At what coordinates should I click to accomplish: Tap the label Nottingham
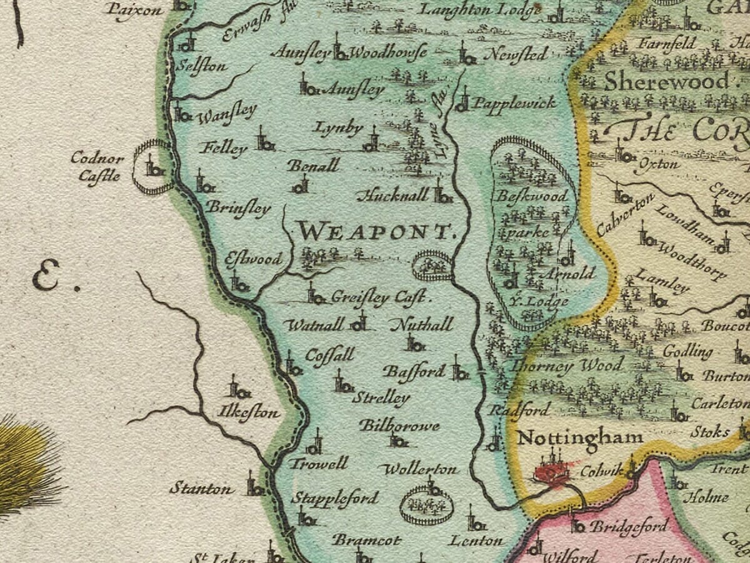point(580,437)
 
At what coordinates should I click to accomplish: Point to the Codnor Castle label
point(97,166)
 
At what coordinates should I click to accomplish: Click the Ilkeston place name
point(248,413)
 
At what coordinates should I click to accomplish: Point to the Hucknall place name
point(392,196)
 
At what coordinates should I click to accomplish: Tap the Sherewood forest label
point(666,81)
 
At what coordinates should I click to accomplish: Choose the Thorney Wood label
point(567,365)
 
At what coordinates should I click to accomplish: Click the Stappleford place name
point(335,499)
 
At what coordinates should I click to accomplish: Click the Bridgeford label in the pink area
point(629,527)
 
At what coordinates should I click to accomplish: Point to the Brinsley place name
point(238,208)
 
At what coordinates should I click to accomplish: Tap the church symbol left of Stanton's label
point(254,485)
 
